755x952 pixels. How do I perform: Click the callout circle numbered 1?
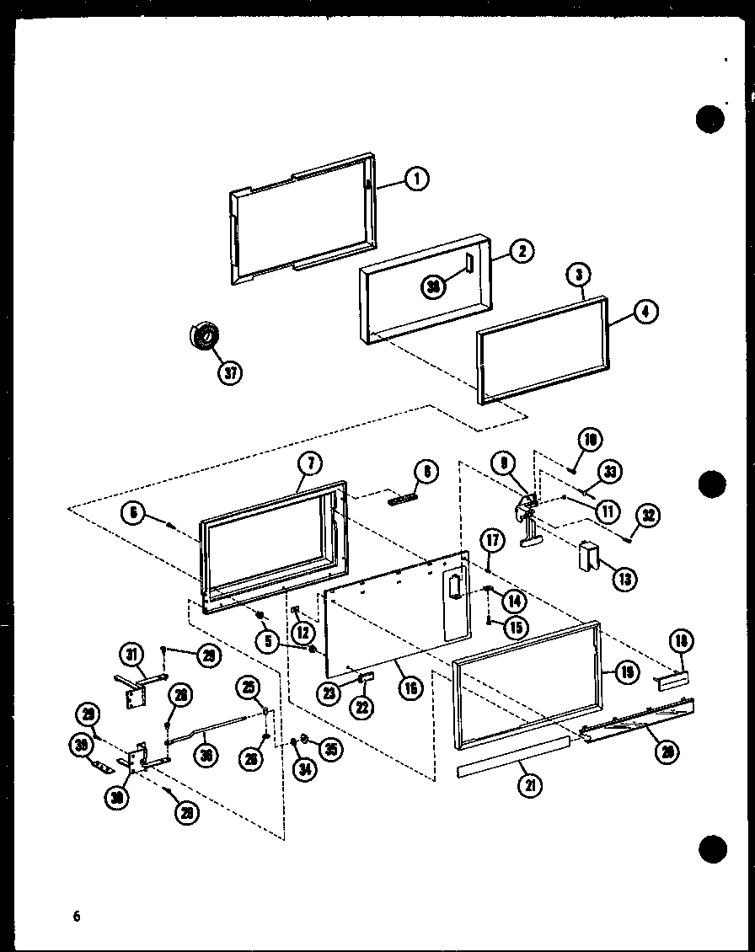[416, 179]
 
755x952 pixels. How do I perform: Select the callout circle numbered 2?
[522, 251]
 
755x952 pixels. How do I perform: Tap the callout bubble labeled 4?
[645, 312]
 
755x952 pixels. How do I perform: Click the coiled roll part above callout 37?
[203, 336]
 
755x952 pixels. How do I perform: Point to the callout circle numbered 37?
[228, 372]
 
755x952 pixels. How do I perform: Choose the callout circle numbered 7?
[309, 463]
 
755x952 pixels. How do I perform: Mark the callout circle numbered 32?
[649, 515]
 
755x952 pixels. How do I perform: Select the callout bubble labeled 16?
[410, 688]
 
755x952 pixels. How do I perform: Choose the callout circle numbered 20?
[670, 752]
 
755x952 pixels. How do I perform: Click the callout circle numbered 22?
[362, 707]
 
